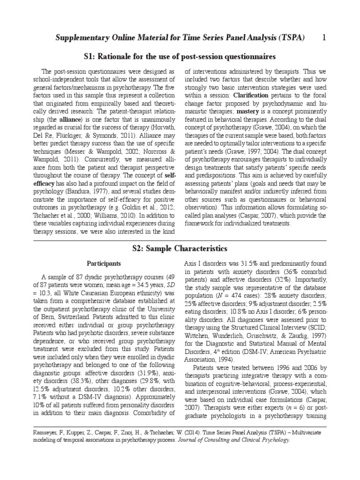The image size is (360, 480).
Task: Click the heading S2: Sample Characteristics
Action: coord(180,248)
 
